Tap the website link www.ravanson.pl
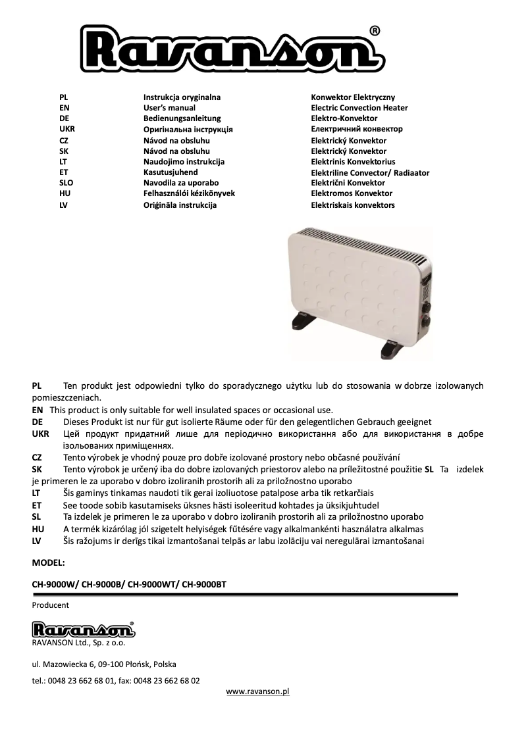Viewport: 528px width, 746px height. click(257, 691)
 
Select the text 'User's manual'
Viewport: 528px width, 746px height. click(169, 108)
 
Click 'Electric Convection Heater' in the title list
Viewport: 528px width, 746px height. click(359, 108)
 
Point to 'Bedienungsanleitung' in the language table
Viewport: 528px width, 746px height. click(177, 118)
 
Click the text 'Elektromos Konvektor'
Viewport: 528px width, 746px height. click(351, 193)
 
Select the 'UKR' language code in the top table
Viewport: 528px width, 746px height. click(66, 130)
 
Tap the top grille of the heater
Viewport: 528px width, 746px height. click(356, 244)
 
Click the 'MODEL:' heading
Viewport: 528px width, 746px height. click(49, 563)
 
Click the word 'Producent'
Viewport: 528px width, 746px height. click(50, 605)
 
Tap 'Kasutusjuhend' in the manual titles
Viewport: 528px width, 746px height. click(171, 172)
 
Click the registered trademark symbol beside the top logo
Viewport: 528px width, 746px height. click(374, 31)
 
